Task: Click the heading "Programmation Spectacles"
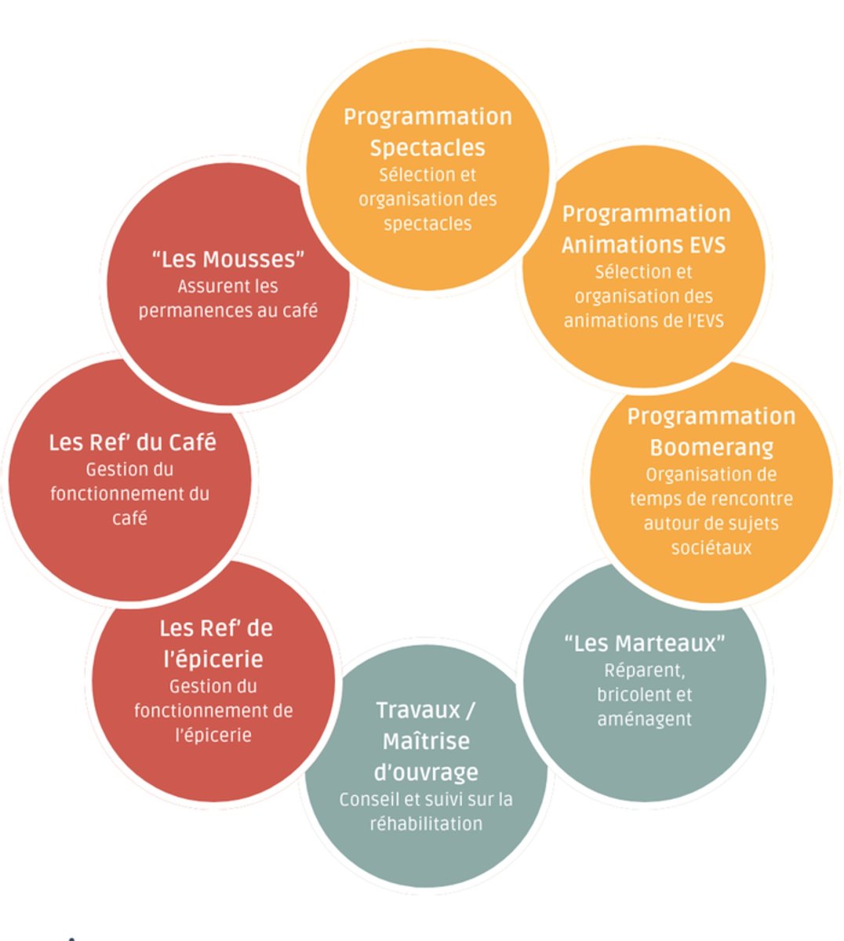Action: [x=427, y=132]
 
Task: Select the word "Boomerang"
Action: [x=711, y=448]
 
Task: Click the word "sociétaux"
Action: [x=711, y=547]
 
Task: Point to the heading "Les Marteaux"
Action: [x=644, y=643]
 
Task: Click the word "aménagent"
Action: [x=644, y=718]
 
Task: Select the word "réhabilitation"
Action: [x=426, y=823]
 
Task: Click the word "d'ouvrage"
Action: [x=426, y=772]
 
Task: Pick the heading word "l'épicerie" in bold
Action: [x=213, y=659]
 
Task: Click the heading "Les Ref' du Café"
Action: [x=132, y=442]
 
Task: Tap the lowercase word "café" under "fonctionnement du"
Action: [x=129, y=518]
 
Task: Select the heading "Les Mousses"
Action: [x=227, y=259]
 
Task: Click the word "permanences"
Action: [x=188, y=311]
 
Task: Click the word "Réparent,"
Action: [x=644, y=670]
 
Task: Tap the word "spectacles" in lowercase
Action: [x=427, y=223]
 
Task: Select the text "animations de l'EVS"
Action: [x=644, y=320]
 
